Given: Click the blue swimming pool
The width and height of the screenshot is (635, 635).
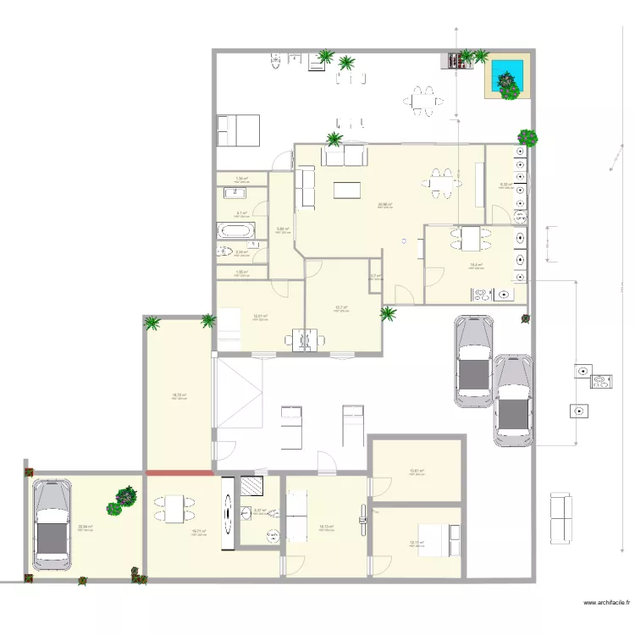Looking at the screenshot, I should point(506,75).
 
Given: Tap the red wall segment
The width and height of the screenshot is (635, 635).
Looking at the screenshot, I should point(179,472).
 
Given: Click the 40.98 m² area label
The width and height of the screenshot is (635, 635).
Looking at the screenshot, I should point(384,204).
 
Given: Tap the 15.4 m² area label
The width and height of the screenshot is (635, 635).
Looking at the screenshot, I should point(476,263).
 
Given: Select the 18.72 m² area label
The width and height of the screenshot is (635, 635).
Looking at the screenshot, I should point(179,395).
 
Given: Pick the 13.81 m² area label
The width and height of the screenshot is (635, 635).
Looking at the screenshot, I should point(416,472).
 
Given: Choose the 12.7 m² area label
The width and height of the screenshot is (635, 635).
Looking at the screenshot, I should point(341,307).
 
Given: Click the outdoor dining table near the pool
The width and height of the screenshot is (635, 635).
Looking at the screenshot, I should point(422,101).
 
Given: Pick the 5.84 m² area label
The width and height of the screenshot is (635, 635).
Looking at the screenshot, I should point(283,229).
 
